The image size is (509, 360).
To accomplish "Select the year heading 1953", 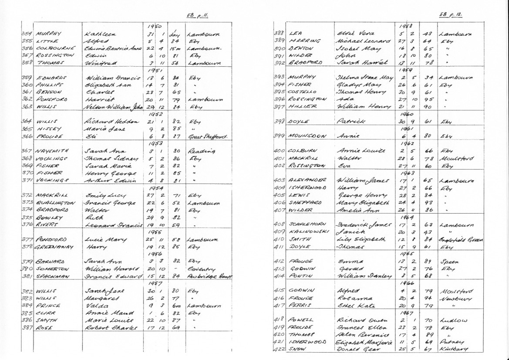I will click(155, 143).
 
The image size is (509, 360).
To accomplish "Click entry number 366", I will click(27, 136).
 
